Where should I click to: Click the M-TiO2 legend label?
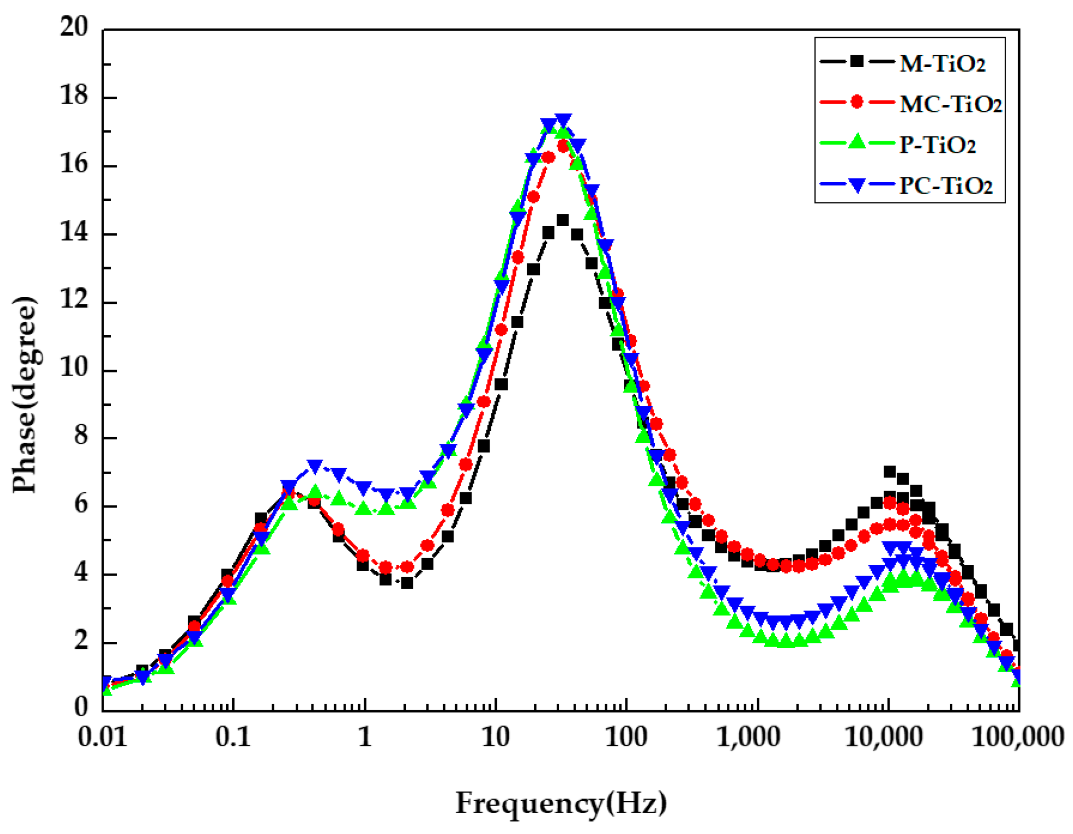pyautogui.click(x=942, y=64)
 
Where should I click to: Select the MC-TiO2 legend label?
pyautogui.click(x=950, y=104)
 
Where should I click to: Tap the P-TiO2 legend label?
pyautogui.click(x=937, y=145)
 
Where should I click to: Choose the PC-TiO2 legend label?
pyautogui.click(x=945, y=186)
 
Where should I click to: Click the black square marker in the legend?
pyautogui.click(x=857, y=61)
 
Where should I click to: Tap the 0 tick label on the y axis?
pyautogui.click(x=81, y=708)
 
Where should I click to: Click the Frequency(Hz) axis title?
pyautogui.click(x=561, y=804)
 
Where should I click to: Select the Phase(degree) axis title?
pyautogui.click(x=25, y=394)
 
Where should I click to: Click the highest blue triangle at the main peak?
pyautogui.click(x=564, y=120)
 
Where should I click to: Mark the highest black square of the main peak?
pyautogui.click(x=563, y=220)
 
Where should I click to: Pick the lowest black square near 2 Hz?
pyautogui.click(x=406, y=583)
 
